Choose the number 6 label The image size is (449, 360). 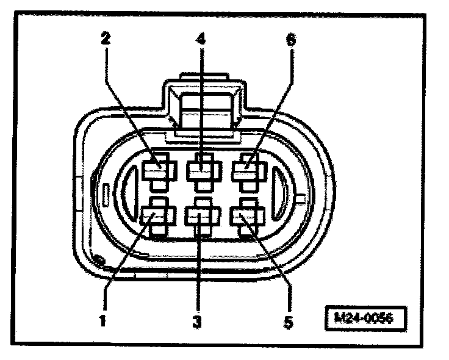point(291,40)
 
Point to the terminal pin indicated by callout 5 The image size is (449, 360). point(246,216)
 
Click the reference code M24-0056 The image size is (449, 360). point(364,318)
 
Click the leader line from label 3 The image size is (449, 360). point(198,268)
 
